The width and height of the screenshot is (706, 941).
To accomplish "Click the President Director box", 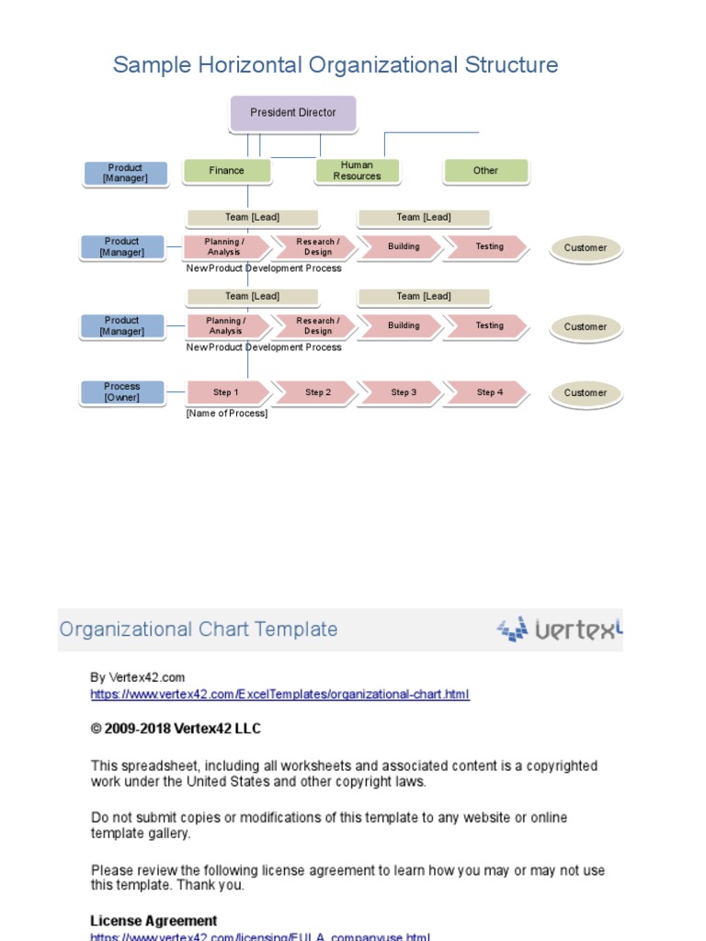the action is click(292, 113).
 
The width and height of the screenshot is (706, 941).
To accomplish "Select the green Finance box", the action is click(227, 171).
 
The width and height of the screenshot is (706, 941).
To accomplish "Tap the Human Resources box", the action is click(357, 171).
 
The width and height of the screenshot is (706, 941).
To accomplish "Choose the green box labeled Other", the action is click(485, 171).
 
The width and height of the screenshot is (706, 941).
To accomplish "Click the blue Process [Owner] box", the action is click(121, 392).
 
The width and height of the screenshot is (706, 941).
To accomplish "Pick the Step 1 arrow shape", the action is click(226, 392).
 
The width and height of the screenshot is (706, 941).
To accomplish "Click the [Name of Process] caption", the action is click(227, 414).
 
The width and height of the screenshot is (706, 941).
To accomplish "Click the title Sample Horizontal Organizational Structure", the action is click(335, 65).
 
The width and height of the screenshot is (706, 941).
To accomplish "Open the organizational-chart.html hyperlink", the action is click(279, 695).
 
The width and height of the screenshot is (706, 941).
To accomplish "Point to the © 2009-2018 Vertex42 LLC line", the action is click(176, 729).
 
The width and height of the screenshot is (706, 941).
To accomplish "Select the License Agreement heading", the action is click(154, 921).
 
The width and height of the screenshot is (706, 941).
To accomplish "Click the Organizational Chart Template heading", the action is click(198, 629).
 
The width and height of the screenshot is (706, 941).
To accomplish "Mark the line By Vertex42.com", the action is click(138, 677).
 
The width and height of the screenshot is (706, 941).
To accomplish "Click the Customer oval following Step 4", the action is click(586, 393).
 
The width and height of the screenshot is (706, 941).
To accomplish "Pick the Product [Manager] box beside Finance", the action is click(125, 174).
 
